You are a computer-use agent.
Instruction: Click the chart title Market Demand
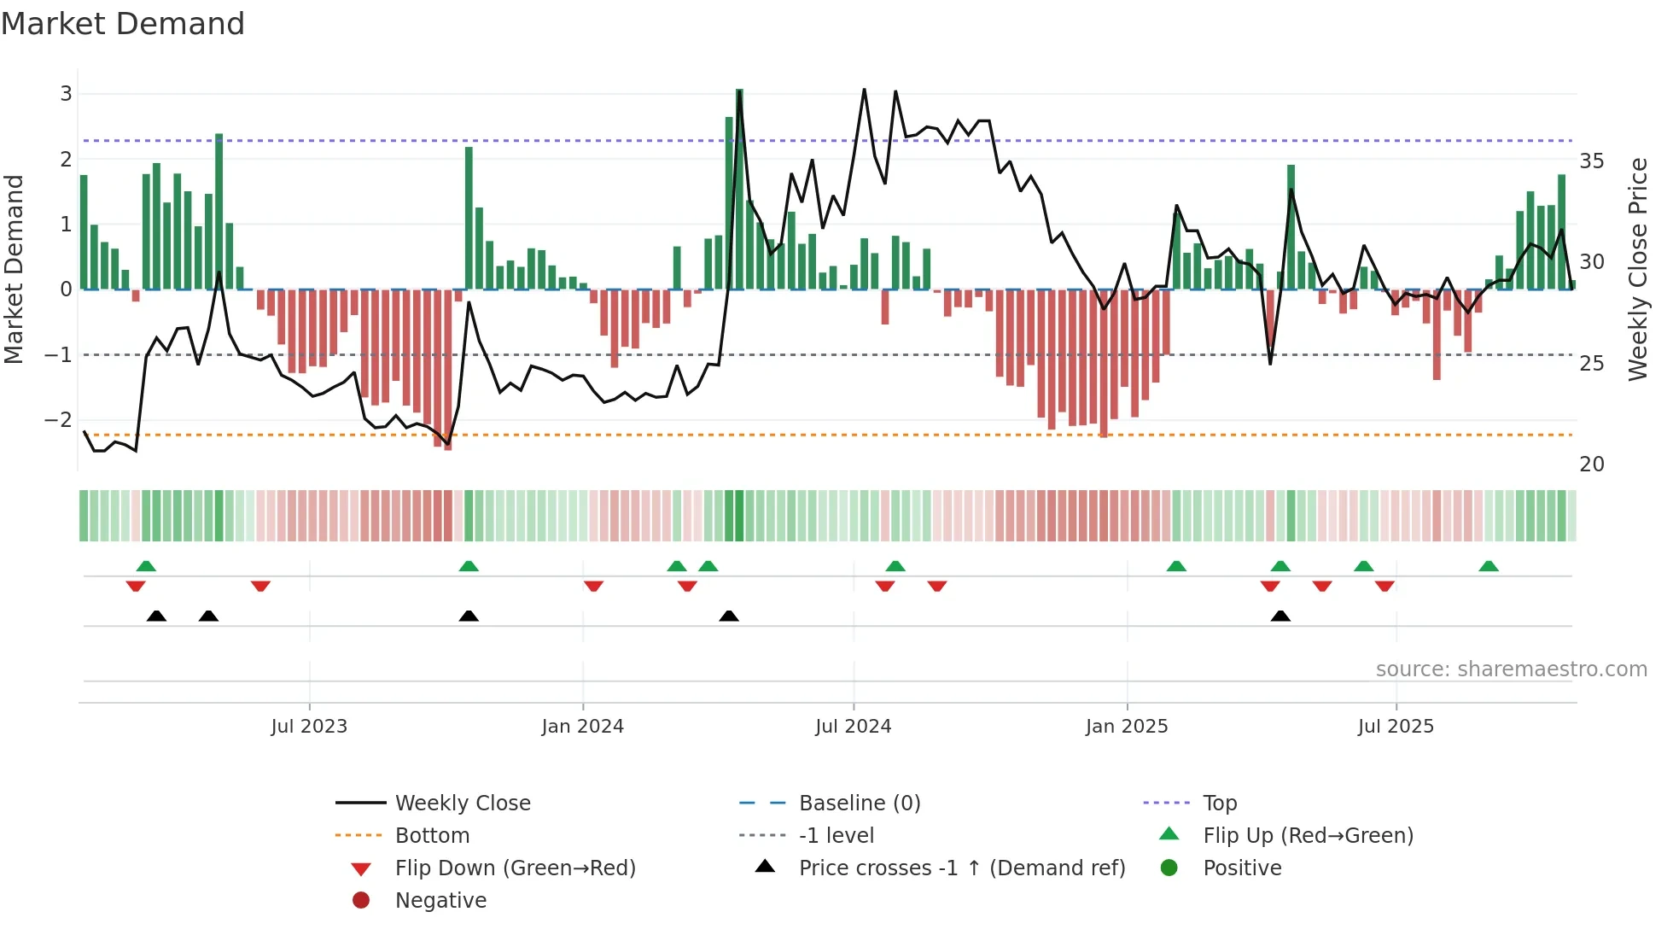(x=123, y=24)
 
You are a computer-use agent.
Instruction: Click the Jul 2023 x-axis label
(x=309, y=727)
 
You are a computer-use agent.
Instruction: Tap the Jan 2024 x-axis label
(x=582, y=727)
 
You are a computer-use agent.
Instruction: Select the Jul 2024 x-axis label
(x=853, y=727)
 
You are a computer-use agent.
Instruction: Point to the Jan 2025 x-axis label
(x=1126, y=727)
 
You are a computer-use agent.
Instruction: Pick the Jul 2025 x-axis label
(x=1396, y=727)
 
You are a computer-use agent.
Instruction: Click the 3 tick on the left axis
(x=66, y=94)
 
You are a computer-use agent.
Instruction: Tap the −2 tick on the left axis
(x=58, y=420)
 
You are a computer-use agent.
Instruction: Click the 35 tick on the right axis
(x=1591, y=161)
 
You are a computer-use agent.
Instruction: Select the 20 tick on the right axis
(x=1591, y=465)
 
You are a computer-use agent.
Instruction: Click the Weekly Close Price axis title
(x=1637, y=269)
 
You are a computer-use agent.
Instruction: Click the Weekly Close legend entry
(x=462, y=804)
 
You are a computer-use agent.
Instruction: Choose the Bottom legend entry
(x=432, y=836)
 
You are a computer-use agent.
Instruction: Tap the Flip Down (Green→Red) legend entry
(x=515, y=868)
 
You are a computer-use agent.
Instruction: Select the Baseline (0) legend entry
(x=859, y=804)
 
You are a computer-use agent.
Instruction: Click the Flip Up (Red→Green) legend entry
(x=1308, y=836)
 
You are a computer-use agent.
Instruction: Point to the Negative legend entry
(x=440, y=901)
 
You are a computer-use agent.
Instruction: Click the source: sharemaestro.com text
(x=1511, y=669)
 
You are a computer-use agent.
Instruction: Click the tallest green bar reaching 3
(x=739, y=188)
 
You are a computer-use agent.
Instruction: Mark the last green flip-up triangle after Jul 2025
(x=1489, y=566)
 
